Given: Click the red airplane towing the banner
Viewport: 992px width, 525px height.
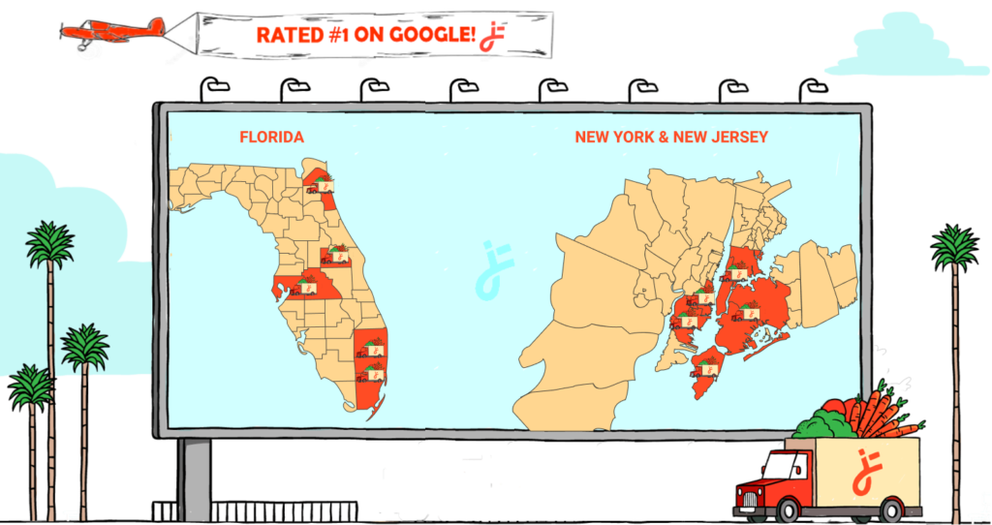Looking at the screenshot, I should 111,30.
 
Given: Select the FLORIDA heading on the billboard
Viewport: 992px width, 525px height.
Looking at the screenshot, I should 271,138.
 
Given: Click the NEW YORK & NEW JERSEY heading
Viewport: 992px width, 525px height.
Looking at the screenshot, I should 671,138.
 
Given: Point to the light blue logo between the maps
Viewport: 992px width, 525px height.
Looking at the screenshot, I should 495,266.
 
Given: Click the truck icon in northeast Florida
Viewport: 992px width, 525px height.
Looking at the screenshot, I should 321,186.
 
